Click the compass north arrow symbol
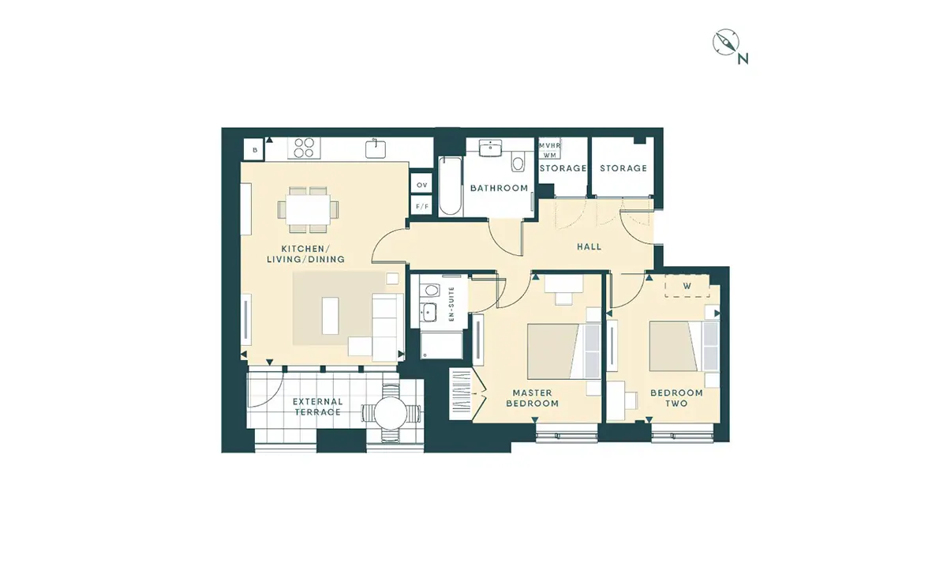click(x=725, y=42)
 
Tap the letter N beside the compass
click(x=743, y=58)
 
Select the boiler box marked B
click(x=254, y=150)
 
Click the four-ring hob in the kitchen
click(x=304, y=148)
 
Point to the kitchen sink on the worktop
click(x=376, y=148)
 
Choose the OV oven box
click(x=421, y=185)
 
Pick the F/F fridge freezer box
click(x=421, y=206)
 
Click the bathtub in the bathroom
click(x=450, y=186)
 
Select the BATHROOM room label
click(x=500, y=188)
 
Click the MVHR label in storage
click(x=549, y=145)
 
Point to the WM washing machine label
click(x=549, y=156)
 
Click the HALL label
click(x=590, y=246)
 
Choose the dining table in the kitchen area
click(x=309, y=209)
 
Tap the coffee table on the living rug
click(x=331, y=316)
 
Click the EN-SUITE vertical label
click(x=451, y=304)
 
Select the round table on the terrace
click(x=391, y=413)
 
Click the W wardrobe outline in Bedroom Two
click(x=687, y=286)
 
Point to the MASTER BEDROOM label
click(x=532, y=398)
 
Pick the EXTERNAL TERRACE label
click(x=317, y=407)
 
